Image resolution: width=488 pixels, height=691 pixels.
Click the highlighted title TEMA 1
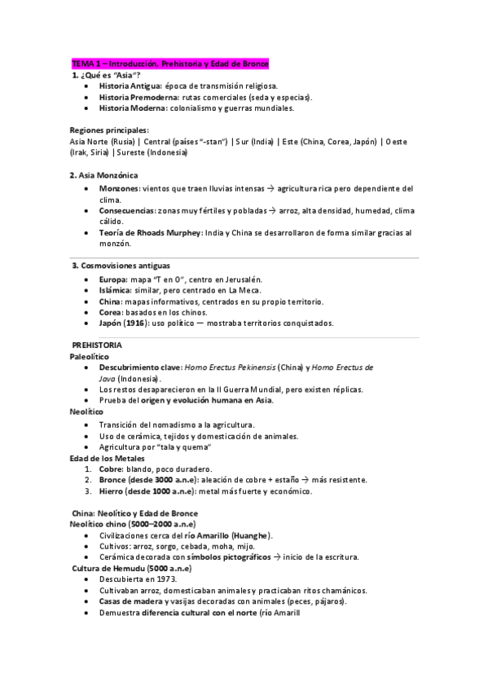[169, 64]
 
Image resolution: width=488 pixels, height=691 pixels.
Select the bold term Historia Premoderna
[135, 96]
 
